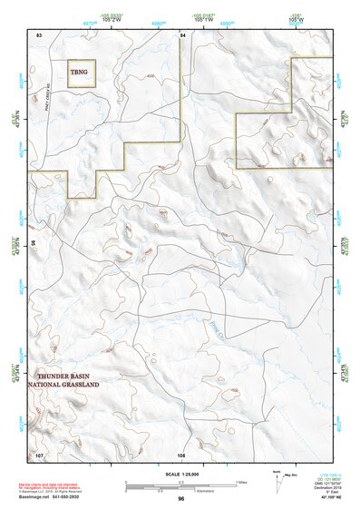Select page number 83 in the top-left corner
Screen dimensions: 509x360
pyautogui.click(x=39, y=34)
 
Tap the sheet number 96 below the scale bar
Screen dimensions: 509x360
pyautogui.click(x=181, y=498)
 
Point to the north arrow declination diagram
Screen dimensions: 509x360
pyautogui.click(x=277, y=475)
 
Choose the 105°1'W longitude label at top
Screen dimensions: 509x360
pyautogui.click(x=204, y=19)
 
